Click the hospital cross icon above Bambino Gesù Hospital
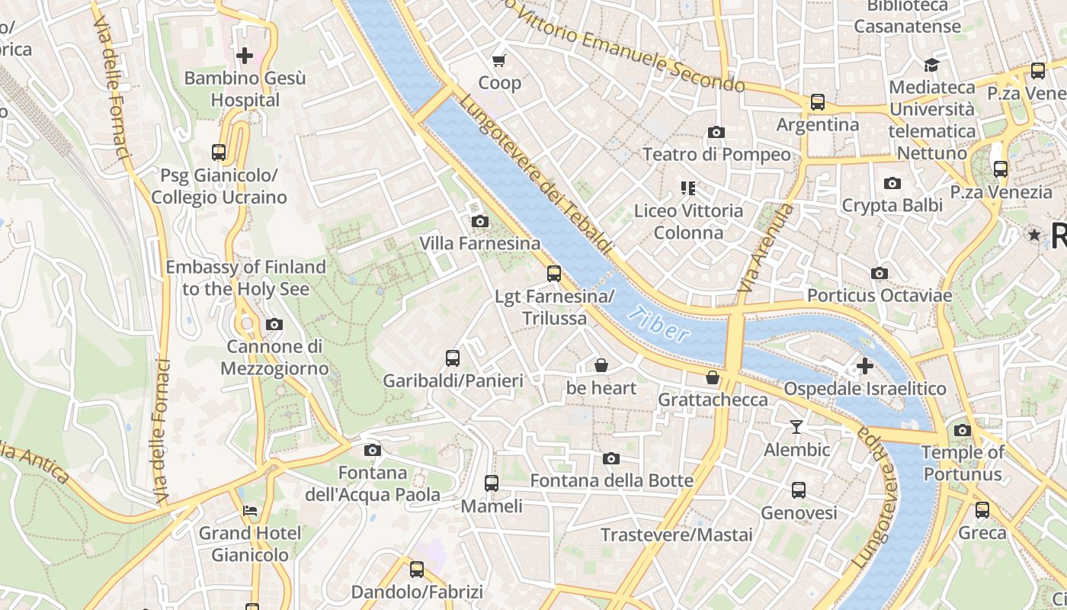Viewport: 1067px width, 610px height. tap(245, 56)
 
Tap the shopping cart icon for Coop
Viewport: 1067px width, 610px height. tap(499, 60)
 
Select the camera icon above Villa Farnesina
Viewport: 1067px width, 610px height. tap(479, 222)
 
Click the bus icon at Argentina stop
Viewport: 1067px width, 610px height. tap(818, 101)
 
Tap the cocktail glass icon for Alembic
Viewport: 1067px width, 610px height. tap(796, 427)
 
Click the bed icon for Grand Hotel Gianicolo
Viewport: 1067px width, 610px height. tap(249, 510)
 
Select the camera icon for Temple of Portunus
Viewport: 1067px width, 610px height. tap(963, 430)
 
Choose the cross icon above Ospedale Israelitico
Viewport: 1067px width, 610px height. tap(864, 366)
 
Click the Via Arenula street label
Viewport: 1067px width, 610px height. tap(766, 249)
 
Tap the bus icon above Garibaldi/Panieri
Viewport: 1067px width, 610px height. tap(453, 358)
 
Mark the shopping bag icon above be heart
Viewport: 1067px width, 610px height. tap(601, 366)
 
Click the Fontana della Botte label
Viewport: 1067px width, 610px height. tap(611, 480)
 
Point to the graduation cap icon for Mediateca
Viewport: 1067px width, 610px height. tap(931, 65)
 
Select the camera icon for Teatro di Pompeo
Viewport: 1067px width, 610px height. tap(716, 133)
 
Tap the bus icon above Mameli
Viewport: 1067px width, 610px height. tap(492, 483)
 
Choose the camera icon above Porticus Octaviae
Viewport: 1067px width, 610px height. tap(879, 273)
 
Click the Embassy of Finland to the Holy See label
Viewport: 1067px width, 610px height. tap(245, 278)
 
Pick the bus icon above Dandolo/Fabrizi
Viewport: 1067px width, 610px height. tap(417, 569)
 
